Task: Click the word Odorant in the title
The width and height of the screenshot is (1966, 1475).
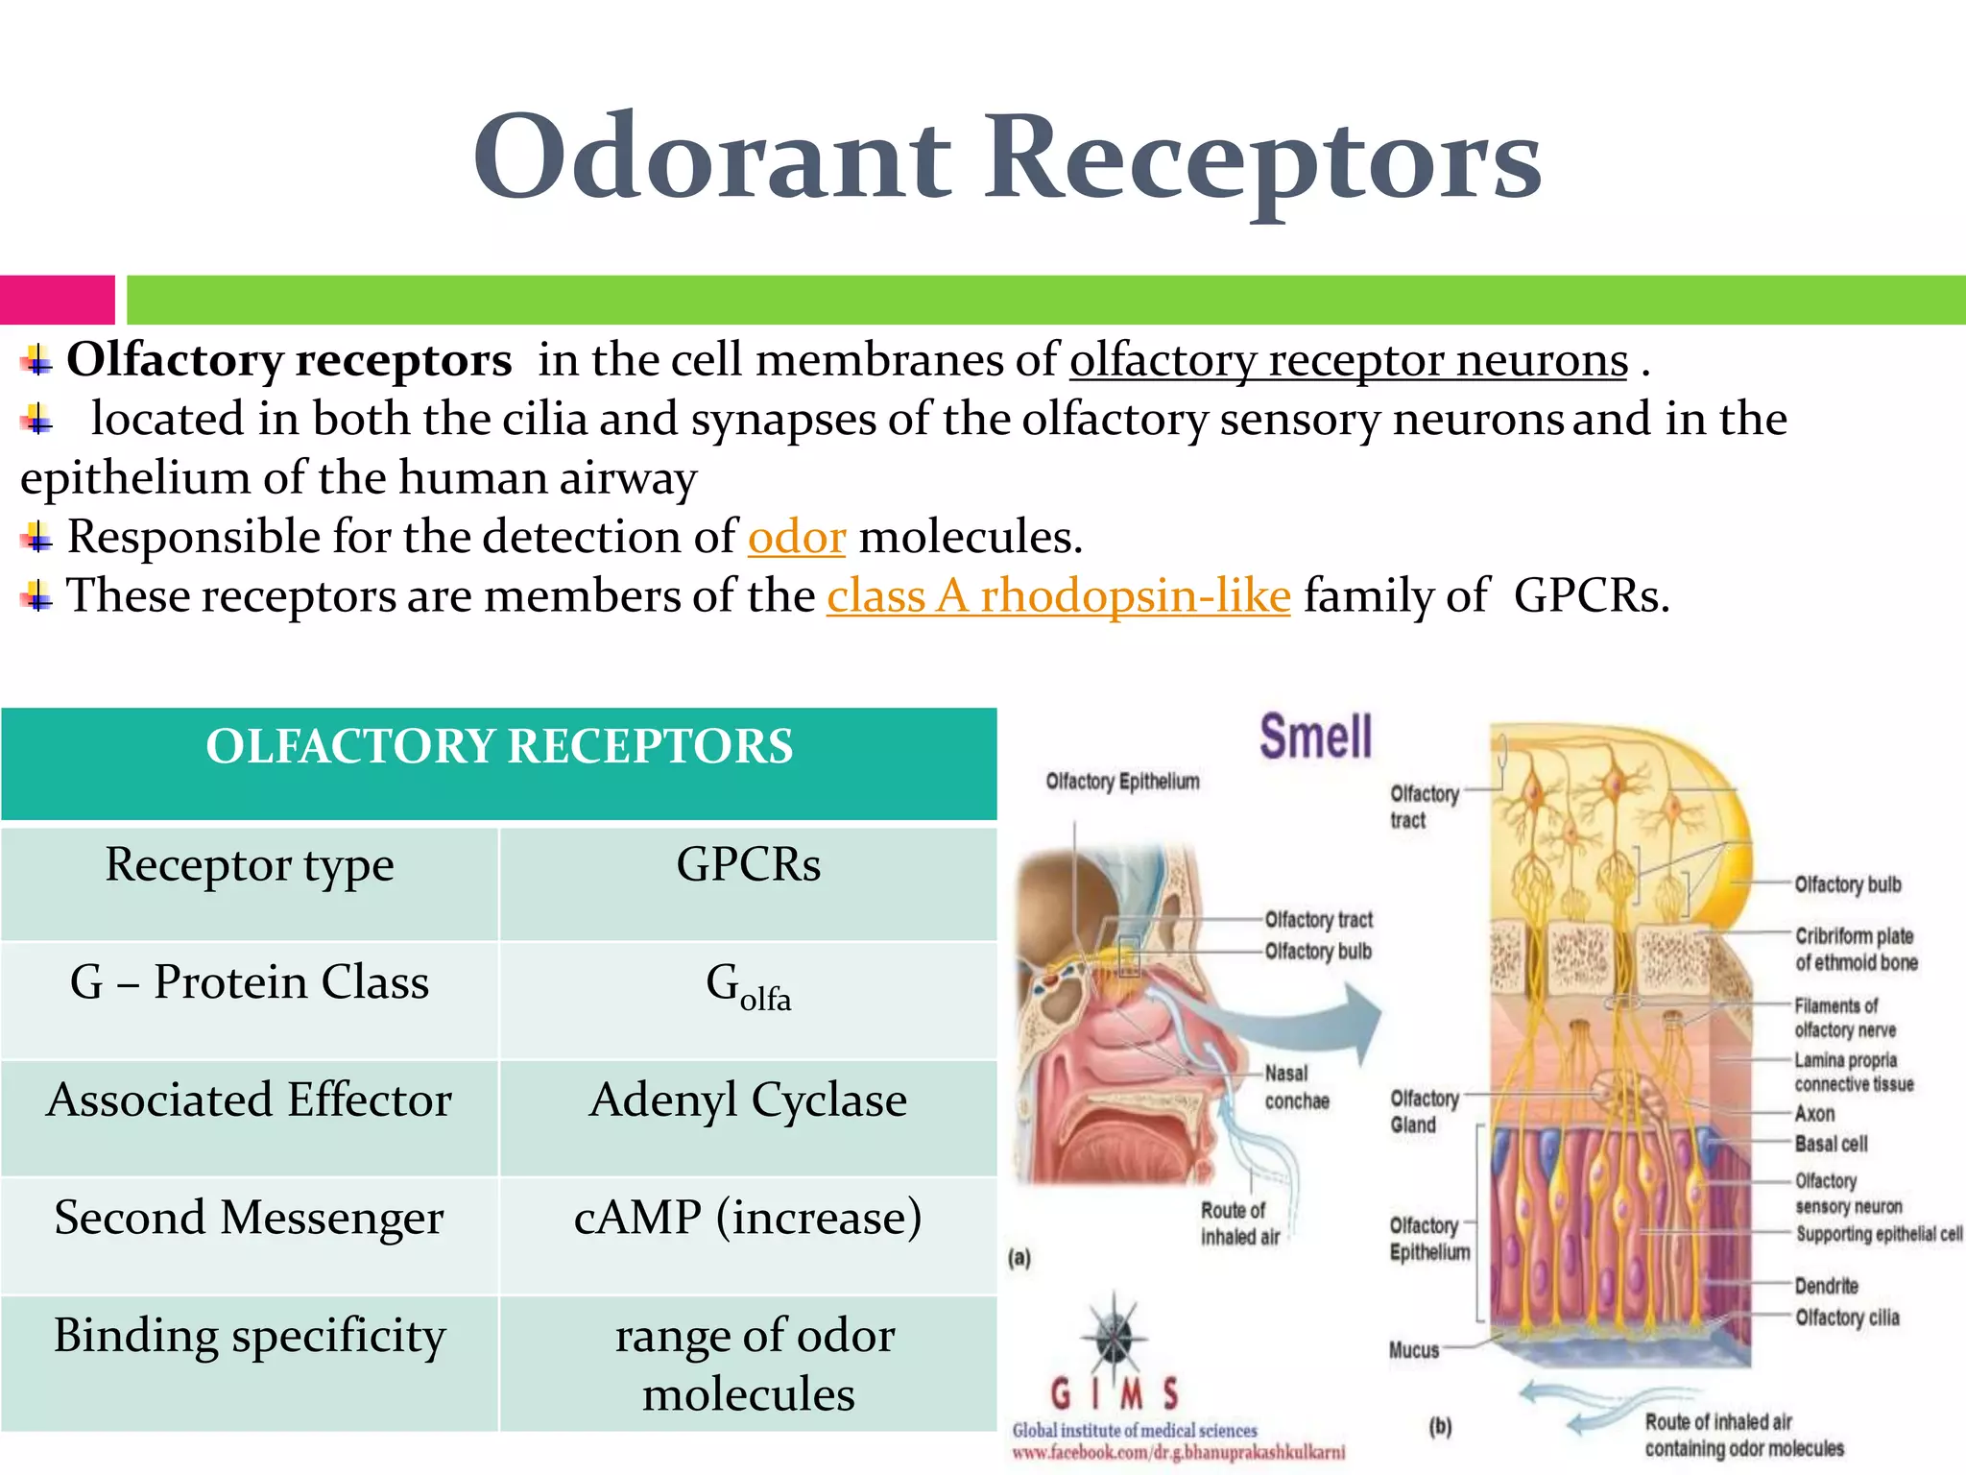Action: tap(712, 158)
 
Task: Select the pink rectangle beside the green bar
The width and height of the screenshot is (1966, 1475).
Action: tap(57, 300)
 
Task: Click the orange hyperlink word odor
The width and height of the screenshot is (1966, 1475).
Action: tap(796, 537)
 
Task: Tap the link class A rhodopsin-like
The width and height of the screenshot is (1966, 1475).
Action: tap(1058, 596)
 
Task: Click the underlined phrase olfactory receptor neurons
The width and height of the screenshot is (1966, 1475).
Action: tap(1349, 361)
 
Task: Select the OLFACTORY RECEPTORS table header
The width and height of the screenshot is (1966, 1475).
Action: tap(499, 747)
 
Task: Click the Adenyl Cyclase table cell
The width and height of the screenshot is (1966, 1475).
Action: tap(748, 1100)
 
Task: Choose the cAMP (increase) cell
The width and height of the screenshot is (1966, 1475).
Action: tap(748, 1219)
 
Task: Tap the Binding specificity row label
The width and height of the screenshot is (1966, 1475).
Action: tap(250, 1336)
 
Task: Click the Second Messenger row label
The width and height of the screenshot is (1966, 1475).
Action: tap(250, 1219)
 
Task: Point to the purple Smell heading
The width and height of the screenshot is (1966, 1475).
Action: tap(1315, 737)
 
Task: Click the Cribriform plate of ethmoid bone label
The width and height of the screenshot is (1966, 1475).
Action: tap(1855, 949)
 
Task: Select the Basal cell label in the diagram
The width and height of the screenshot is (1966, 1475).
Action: tap(1830, 1144)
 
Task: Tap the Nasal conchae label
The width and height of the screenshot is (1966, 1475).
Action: tap(1295, 1087)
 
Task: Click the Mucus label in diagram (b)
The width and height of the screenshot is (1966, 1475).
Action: tap(1413, 1350)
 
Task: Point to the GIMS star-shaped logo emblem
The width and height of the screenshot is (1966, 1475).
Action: tap(1114, 1336)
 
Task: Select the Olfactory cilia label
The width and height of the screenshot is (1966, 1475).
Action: tap(1846, 1318)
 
